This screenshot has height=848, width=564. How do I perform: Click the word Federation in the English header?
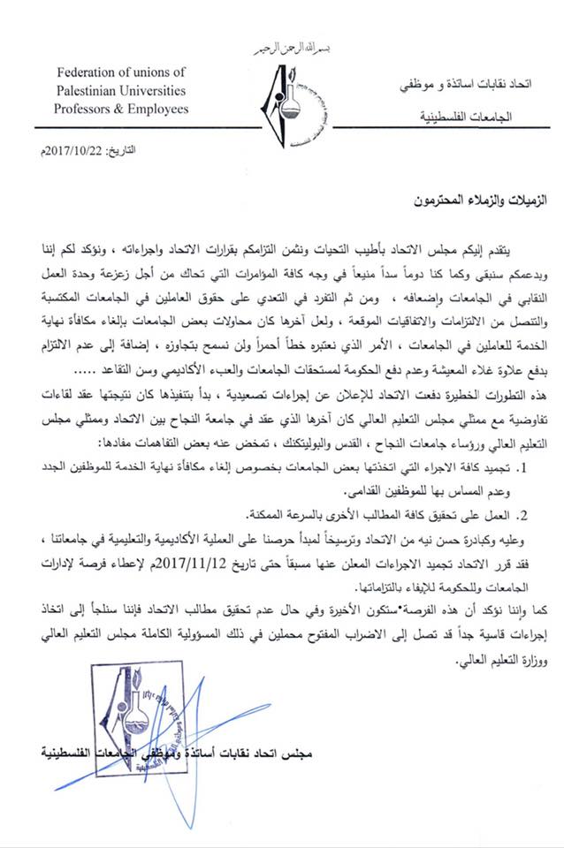point(83,72)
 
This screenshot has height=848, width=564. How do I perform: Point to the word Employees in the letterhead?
point(159,109)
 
